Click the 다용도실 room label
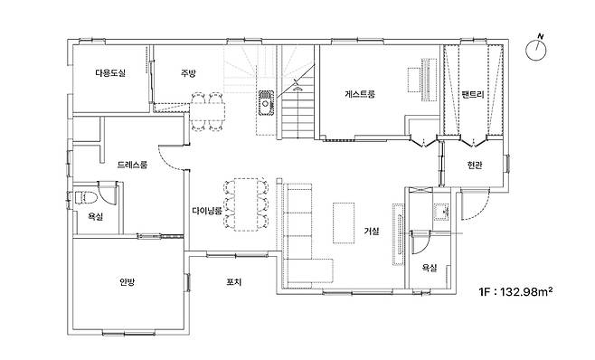(x=109, y=73)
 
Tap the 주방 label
(x=188, y=73)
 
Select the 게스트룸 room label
(x=360, y=94)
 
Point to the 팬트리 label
(x=473, y=95)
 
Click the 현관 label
(x=475, y=165)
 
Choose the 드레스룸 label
(x=132, y=165)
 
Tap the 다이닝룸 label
(x=206, y=211)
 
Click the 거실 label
(x=372, y=231)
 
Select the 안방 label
(x=127, y=282)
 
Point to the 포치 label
(x=233, y=282)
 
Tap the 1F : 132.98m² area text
(x=515, y=292)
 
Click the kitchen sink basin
(x=266, y=102)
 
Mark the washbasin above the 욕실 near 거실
(x=441, y=212)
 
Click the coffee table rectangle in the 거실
(x=344, y=223)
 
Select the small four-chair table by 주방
(x=207, y=111)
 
